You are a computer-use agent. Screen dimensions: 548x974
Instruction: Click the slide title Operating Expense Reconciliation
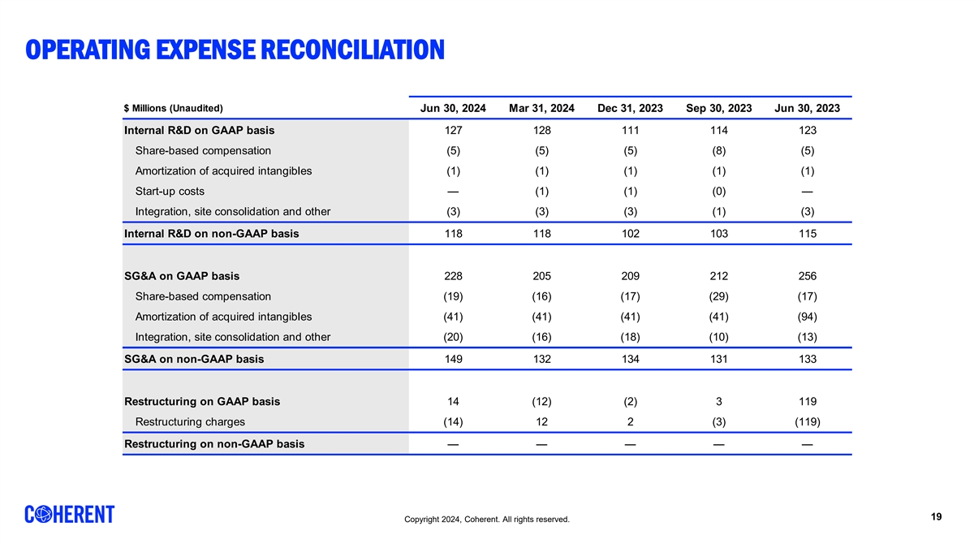click(235, 50)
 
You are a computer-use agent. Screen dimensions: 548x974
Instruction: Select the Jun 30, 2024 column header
click(453, 109)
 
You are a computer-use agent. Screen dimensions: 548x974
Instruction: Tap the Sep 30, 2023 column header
click(718, 109)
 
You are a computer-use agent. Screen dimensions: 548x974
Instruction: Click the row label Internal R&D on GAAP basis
click(199, 130)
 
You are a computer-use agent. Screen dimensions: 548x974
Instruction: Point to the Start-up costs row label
click(170, 192)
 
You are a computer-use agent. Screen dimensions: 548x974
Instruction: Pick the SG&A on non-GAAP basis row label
click(193, 358)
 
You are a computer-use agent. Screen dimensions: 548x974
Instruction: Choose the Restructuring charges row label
click(190, 421)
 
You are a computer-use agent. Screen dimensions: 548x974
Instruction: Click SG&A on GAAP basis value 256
click(807, 275)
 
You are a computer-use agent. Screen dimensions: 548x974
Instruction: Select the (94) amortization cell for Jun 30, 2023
click(807, 317)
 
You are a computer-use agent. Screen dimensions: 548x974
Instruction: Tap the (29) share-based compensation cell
click(718, 296)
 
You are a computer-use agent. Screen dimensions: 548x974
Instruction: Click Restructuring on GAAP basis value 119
click(807, 401)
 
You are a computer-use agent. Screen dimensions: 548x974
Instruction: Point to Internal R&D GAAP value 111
click(630, 130)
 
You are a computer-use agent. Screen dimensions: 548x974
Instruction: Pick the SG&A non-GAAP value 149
click(453, 358)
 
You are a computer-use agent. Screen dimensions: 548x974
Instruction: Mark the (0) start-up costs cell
click(718, 192)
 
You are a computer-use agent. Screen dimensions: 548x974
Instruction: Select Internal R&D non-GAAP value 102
click(630, 233)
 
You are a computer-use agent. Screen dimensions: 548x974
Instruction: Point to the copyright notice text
click(487, 520)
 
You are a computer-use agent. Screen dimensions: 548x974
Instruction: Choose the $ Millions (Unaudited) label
click(173, 109)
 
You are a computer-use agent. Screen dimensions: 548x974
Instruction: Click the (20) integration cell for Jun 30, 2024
click(453, 337)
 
